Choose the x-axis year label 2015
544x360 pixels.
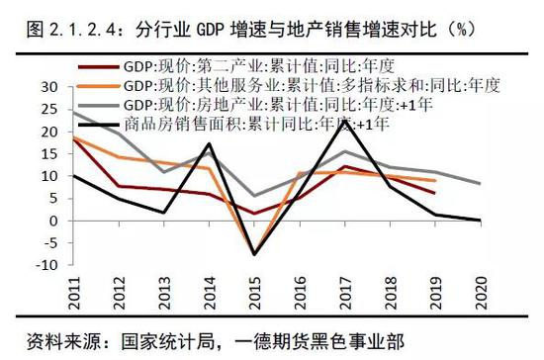(x=227, y=292)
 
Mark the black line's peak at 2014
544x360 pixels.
(x=209, y=144)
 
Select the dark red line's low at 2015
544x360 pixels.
(x=252, y=214)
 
